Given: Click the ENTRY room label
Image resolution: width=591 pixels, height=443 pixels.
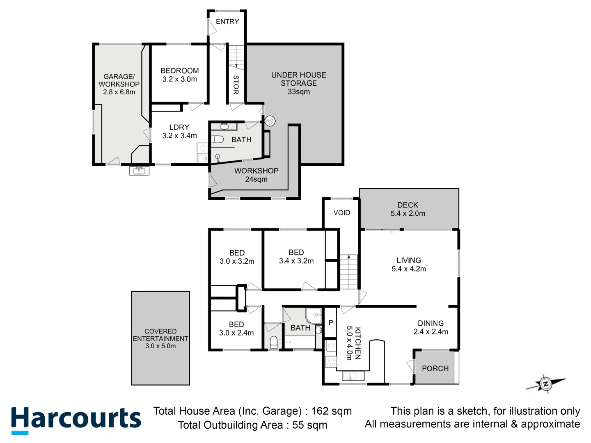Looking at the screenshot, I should [x=227, y=22].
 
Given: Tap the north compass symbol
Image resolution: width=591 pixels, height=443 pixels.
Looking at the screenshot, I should [x=546, y=384].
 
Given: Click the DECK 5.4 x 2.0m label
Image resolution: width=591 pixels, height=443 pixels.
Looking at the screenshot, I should [x=408, y=209].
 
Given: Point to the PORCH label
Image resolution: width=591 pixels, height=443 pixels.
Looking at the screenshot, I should [x=435, y=368].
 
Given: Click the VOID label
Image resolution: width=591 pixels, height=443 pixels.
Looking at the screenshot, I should [x=341, y=213].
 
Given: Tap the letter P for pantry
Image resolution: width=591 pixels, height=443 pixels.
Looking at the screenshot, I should [x=331, y=323].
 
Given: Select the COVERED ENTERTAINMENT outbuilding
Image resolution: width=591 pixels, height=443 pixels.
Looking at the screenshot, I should [x=160, y=338].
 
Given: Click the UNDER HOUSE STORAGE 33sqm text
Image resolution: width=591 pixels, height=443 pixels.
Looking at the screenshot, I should [x=299, y=83].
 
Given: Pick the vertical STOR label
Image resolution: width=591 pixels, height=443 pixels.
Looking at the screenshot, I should [x=236, y=84].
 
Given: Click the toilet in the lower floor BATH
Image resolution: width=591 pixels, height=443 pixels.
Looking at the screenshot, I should [x=218, y=139].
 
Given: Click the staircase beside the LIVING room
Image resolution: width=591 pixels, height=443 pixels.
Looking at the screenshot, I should [x=349, y=272].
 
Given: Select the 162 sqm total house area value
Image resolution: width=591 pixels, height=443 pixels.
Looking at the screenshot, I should [x=331, y=411].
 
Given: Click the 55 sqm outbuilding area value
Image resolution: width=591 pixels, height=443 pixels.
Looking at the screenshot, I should [x=310, y=425].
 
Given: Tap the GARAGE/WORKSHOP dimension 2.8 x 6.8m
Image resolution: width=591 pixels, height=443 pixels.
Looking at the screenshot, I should [x=119, y=92].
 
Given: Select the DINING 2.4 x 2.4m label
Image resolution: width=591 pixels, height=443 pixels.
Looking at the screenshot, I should [x=431, y=327].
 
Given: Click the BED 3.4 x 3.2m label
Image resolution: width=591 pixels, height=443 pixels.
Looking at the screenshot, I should [x=296, y=257].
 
